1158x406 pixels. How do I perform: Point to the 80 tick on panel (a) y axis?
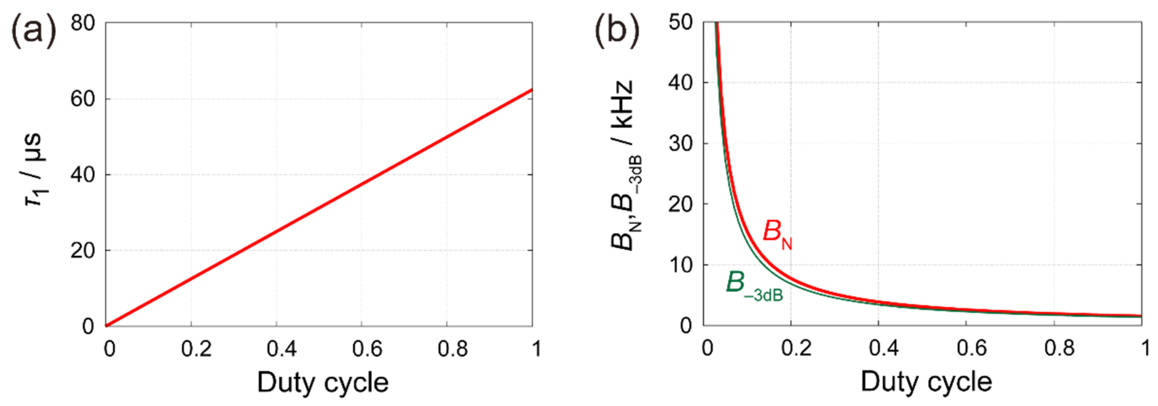83,22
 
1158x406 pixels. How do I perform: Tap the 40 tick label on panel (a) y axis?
83,175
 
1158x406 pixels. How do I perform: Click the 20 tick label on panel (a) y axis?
83,251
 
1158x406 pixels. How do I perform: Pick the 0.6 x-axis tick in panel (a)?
367,349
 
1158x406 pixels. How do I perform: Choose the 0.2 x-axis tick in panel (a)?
196,349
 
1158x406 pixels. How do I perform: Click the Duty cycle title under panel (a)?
322,382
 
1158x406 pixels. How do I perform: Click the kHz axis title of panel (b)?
622,166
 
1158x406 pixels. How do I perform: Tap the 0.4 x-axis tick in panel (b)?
884,349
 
